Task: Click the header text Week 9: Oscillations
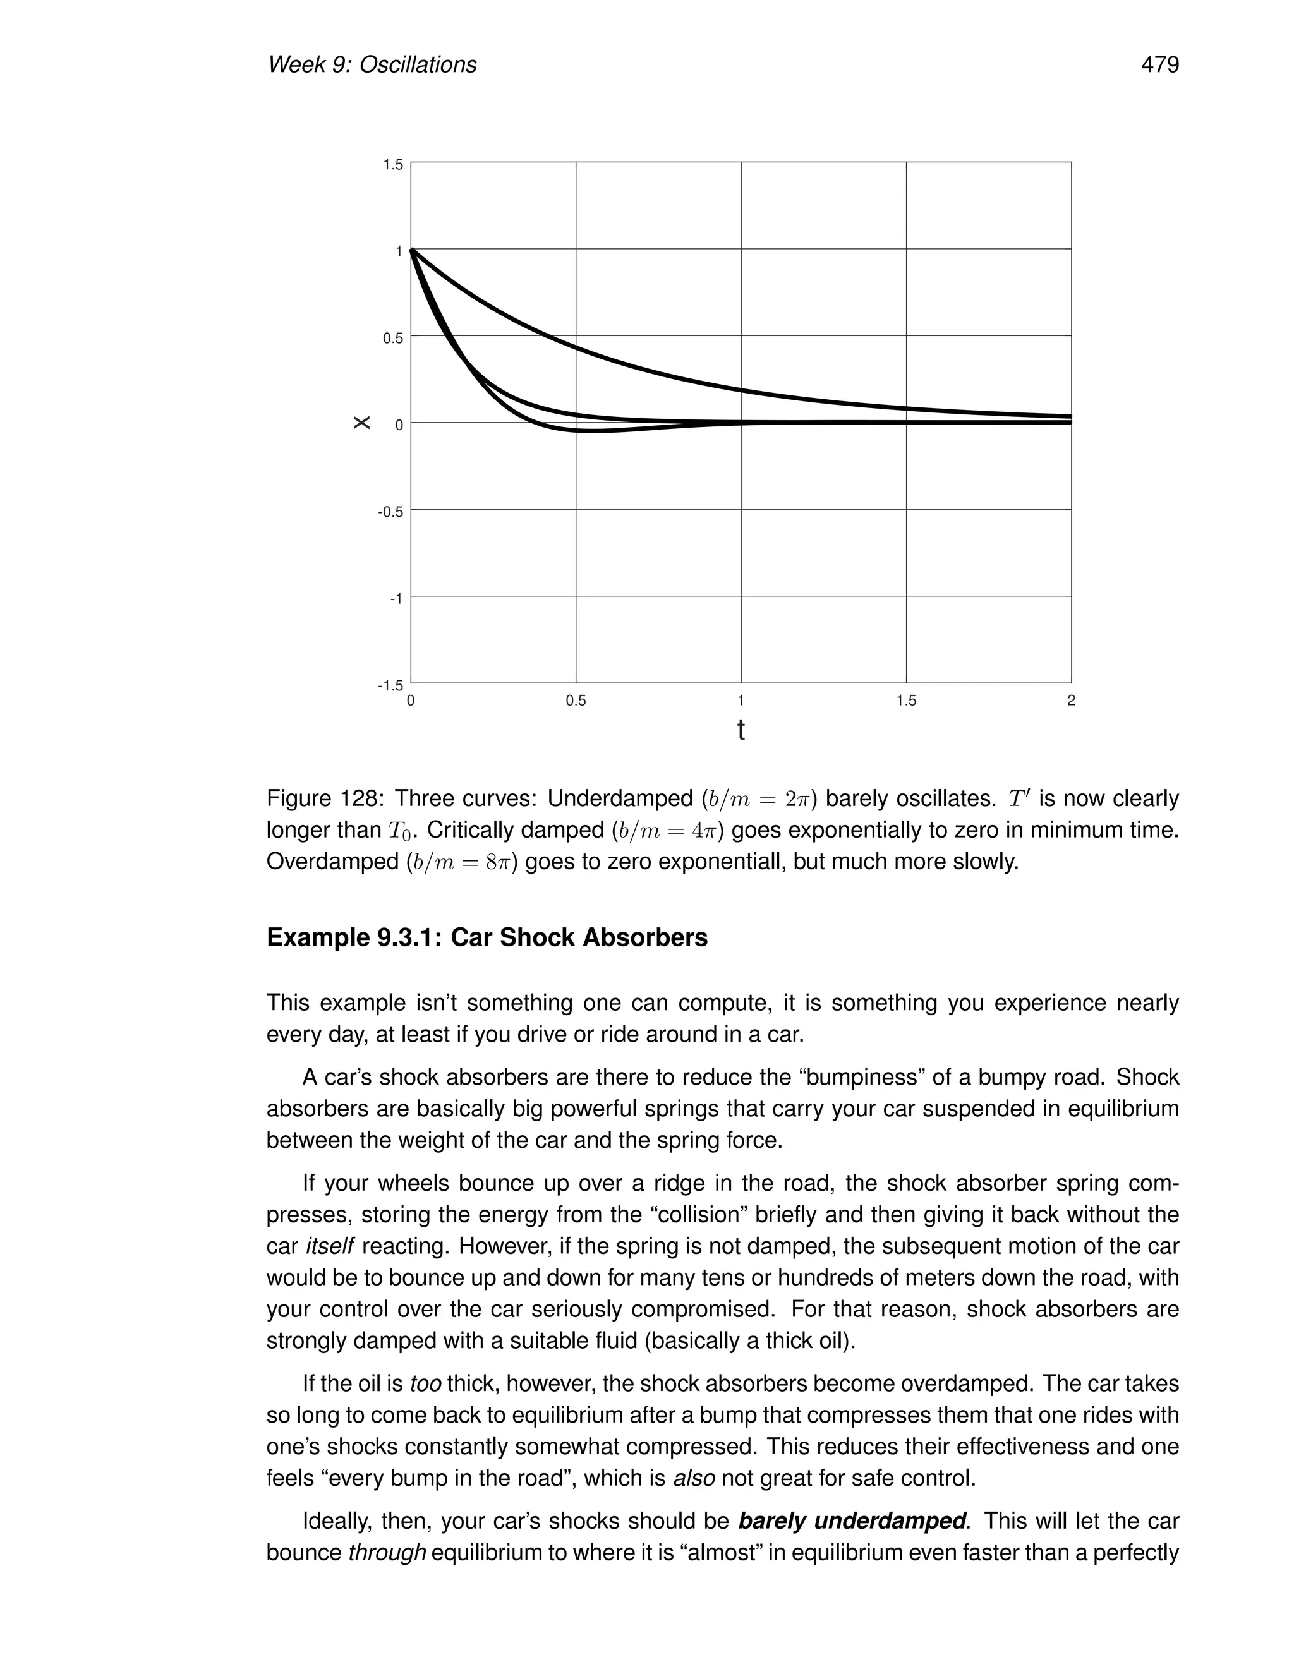[372, 64]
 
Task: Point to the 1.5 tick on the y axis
[392, 165]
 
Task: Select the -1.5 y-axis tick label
[390, 685]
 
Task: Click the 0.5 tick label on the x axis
[576, 701]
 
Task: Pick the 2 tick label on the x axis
[1071, 701]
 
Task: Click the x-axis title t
[741, 730]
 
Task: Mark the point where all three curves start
[412, 249]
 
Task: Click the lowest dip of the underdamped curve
[594, 431]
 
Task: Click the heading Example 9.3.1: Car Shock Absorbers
[487, 937]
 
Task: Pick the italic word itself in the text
[330, 1246]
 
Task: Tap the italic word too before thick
[425, 1383]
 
